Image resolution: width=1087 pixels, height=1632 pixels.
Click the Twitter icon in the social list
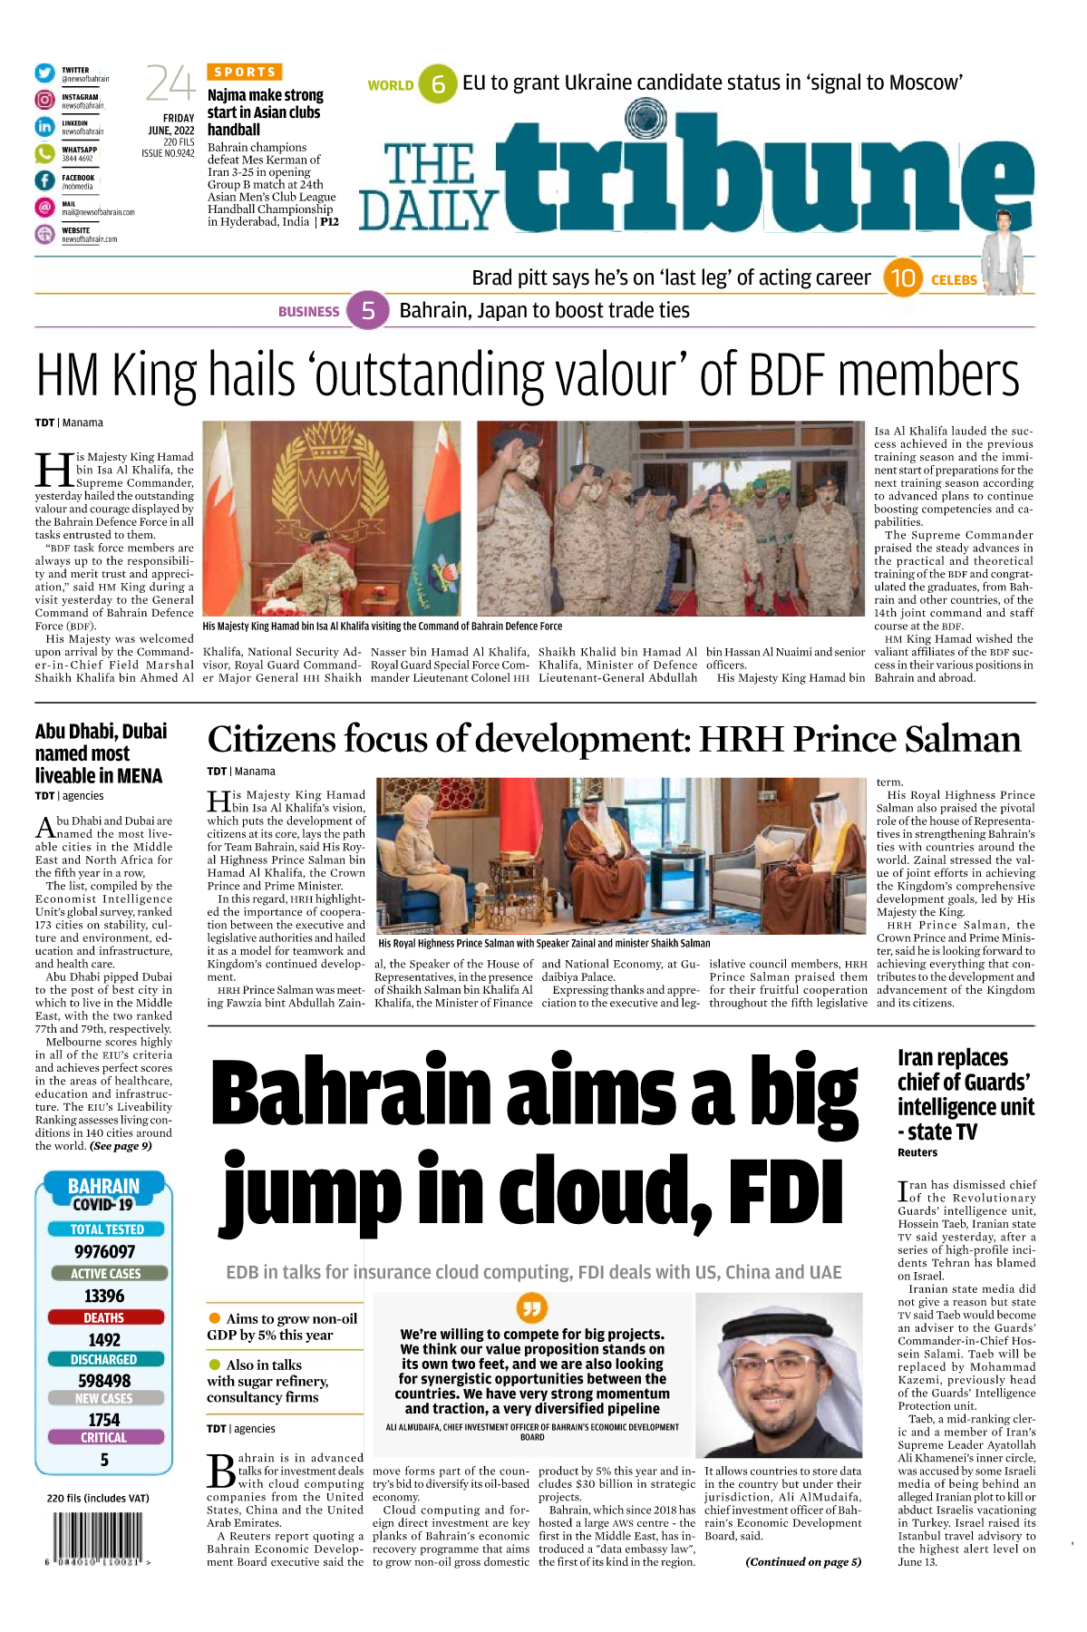pos(44,73)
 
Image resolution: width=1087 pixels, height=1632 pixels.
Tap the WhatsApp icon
pos(44,154)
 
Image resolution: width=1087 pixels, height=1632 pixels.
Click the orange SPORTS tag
pos(245,72)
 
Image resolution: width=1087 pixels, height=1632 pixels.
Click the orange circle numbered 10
pos(902,278)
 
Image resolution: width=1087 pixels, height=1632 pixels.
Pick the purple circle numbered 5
pos(368,311)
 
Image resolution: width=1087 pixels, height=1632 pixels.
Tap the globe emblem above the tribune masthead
pos(645,118)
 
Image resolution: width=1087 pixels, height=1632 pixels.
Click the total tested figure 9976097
pos(104,1252)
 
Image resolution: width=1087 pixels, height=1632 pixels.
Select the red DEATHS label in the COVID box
pos(104,1317)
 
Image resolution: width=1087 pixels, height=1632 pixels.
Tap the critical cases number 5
pos(104,1460)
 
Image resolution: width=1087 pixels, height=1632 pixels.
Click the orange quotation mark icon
pos(532,1307)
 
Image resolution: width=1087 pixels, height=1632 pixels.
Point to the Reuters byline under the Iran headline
pos(917,1153)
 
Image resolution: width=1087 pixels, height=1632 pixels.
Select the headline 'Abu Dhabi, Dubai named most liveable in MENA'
pos(101,753)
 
